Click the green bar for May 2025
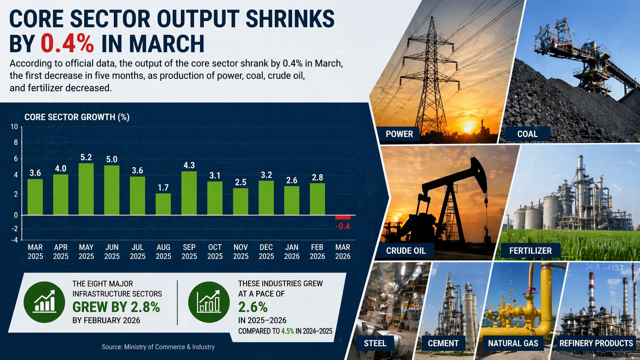click(86, 189)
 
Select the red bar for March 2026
click(343, 217)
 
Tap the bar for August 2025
click(163, 204)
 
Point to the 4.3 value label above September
click(189, 165)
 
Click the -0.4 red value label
click(343, 226)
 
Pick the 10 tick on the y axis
click(14, 127)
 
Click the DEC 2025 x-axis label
click(266, 252)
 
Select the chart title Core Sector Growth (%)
click(77, 117)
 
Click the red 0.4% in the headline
click(67, 43)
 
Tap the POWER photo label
click(399, 134)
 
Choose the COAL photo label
click(527, 134)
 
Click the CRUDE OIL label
click(406, 251)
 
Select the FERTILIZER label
click(530, 251)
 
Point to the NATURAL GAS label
click(513, 343)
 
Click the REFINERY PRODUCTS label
click(596, 343)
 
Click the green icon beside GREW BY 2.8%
click(44, 302)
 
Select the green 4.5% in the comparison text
click(287, 331)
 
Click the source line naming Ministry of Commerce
click(158, 347)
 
